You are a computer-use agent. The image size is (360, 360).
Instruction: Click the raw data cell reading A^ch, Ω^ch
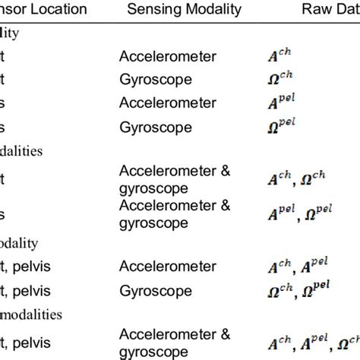click(290, 179)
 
